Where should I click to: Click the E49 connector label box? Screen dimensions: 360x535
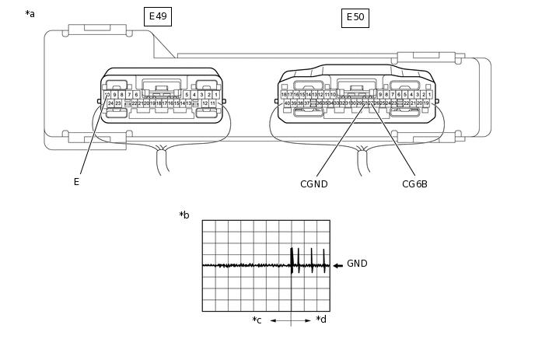pyautogui.click(x=159, y=16)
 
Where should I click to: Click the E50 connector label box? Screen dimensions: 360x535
pyautogui.click(x=355, y=16)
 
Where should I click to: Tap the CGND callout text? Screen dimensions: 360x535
pyautogui.click(x=313, y=184)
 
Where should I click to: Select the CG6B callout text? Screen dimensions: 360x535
pyautogui.click(x=414, y=184)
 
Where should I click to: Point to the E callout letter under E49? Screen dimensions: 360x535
pyautogui.click(x=76, y=182)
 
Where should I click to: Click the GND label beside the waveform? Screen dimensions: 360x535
pyautogui.click(x=357, y=264)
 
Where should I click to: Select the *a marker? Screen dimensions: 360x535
pyautogui.click(x=30, y=14)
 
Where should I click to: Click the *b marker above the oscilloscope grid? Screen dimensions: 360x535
pyautogui.click(x=184, y=215)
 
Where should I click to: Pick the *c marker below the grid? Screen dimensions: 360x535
pyautogui.click(x=257, y=320)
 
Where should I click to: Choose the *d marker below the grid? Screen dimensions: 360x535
pyautogui.click(x=321, y=320)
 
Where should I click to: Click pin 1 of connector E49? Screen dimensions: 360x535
pyautogui.click(x=215, y=95)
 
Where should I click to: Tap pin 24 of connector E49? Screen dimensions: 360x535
pyautogui.click(x=110, y=103)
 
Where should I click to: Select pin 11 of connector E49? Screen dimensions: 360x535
pyautogui.click(x=212, y=103)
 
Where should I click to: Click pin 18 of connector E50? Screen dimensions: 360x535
pyautogui.click(x=284, y=94)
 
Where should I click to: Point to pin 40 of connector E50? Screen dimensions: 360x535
pyautogui.click(x=287, y=103)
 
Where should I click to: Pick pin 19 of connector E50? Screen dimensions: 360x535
pyautogui.click(x=427, y=103)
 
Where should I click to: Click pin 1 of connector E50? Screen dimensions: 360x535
pyautogui.click(x=429, y=94)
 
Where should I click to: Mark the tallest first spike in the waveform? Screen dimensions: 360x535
pyautogui.click(x=292, y=256)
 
